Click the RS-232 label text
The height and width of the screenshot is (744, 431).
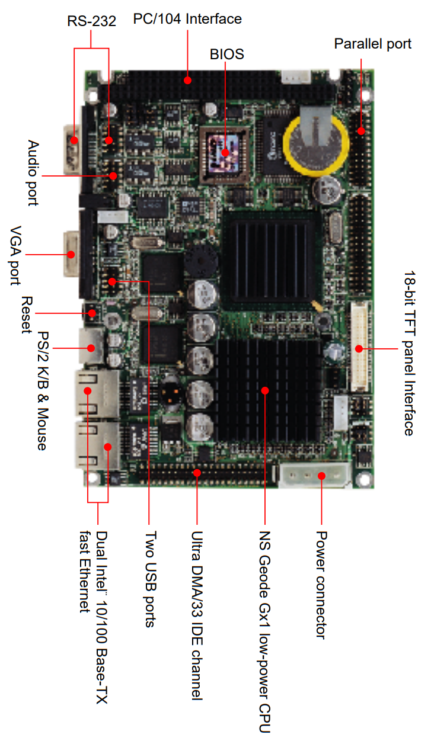point(91,21)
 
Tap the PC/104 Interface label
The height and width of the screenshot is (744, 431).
point(187,19)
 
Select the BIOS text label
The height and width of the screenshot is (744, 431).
point(227,54)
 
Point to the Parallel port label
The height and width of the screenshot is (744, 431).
point(372,44)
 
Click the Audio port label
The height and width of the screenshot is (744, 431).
point(33,173)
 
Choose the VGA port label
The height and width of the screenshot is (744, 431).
point(15,255)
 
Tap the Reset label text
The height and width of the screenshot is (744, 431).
point(27,315)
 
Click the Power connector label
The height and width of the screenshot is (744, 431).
point(321,585)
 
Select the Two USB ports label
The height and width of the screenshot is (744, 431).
point(151,579)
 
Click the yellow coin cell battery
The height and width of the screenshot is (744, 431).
point(315,145)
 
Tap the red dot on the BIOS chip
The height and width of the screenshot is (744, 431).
point(225,153)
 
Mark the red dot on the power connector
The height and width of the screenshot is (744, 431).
point(321,476)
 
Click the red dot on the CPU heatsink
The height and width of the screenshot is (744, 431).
point(265,390)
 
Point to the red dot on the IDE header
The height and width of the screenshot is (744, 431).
point(197,473)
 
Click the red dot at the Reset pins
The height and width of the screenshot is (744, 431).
point(92,313)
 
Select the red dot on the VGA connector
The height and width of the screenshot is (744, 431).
point(71,255)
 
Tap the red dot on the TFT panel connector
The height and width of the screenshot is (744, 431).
point(359,349)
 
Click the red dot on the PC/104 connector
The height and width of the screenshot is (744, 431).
point(188,81)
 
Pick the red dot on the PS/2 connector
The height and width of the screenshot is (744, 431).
point(91,348)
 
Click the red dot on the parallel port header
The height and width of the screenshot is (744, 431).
point(361,131)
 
